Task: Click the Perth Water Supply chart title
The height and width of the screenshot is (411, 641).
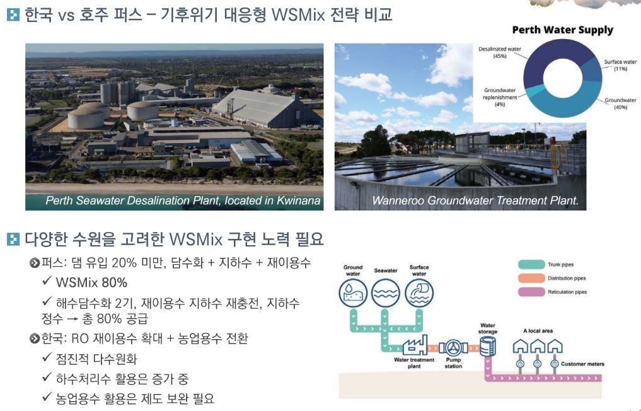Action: click(562, 30)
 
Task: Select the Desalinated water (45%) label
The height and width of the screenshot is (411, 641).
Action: click(500, 52)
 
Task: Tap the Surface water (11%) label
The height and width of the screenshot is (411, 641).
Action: click(620, 65)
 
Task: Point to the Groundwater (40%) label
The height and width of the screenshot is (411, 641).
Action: click(620, 103)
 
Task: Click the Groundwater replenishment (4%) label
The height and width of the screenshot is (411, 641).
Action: click(500, 97)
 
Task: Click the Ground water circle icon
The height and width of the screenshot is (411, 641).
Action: click(353, 293)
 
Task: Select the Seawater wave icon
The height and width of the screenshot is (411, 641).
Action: click(385, 293)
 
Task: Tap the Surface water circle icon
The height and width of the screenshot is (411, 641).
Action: click(419, 293)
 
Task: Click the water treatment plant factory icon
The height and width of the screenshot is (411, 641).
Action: click(415, 345)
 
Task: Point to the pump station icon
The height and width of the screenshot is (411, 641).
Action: click(453, 348)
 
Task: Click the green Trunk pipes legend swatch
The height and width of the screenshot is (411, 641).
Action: click(531, 264)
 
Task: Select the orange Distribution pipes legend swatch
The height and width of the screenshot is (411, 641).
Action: click(531, 278)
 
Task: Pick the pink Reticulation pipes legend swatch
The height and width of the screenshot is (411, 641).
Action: click(531, 292)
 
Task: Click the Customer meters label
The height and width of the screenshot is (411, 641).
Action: click(582, 364)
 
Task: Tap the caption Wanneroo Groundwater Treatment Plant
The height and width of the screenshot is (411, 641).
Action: click(475, 200)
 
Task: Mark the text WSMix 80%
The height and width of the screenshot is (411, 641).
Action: click(91, 282)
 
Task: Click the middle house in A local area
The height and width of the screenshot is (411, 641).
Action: click(538, 346)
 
